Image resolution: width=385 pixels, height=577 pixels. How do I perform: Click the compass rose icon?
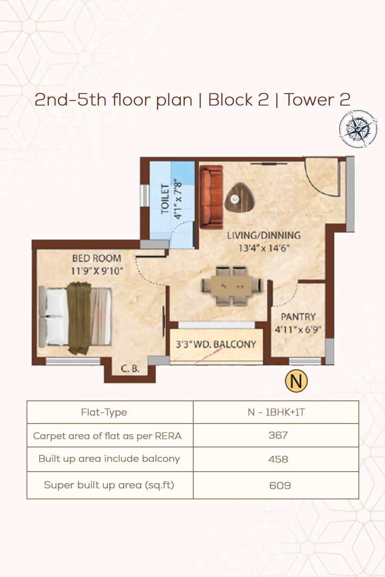(358, 129)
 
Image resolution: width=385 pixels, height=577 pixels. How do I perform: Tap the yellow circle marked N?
(296, 381)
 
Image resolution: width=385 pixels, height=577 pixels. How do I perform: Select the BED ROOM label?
(97, 258)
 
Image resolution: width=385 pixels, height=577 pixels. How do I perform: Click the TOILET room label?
(165, 198)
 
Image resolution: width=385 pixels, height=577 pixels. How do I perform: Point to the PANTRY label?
(298, 317)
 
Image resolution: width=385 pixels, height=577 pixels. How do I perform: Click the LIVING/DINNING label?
(264, 235)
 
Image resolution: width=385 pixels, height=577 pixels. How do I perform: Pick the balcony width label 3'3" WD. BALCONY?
(216, 344)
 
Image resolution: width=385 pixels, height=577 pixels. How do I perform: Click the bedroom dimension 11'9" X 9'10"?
(97, 271)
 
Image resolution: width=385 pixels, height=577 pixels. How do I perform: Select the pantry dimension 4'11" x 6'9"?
(298, 329)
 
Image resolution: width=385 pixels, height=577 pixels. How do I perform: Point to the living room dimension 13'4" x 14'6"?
(264, 248)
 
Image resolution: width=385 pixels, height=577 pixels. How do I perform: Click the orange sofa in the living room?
(211, 197)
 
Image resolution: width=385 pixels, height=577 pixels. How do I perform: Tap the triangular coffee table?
(239, 198)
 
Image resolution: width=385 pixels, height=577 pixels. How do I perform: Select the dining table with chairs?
(231, 286)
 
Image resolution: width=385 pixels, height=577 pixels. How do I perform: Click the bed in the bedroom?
(75, 318)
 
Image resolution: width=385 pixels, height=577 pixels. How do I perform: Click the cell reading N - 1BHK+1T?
(276, 412)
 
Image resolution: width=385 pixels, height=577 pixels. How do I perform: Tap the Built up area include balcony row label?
(109, 459)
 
